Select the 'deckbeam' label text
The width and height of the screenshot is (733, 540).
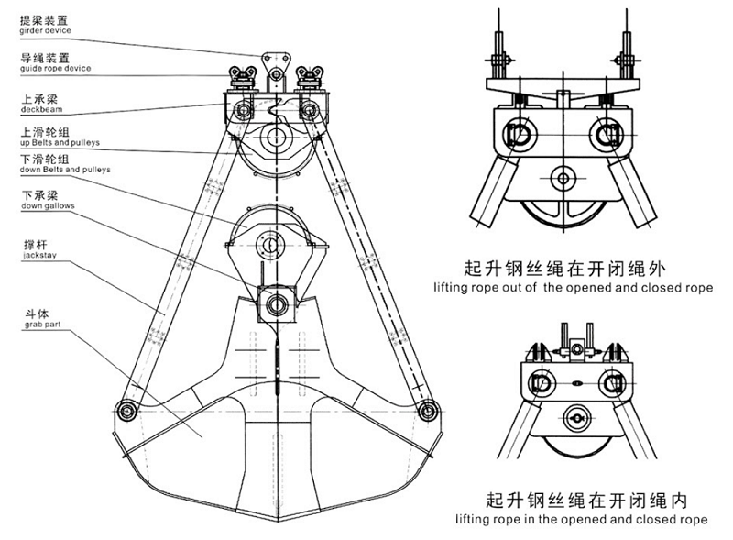pyautogui.click(x=39, y=107)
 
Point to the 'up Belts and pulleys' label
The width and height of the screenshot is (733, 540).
pyautogui.click(x=60, y=144)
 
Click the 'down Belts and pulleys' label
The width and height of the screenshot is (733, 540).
pyautogui.click(x=65, y=170)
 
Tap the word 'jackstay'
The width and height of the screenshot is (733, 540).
pyautogui.click(x=38, y=257)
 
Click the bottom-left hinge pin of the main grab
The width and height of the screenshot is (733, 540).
pyautogui.click(x=124, y=409)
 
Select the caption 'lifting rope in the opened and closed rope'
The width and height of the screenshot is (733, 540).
pyautogui.click(x=573, y=520)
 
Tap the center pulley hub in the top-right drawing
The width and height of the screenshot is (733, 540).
pyautogui.click(x=559, y=177)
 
